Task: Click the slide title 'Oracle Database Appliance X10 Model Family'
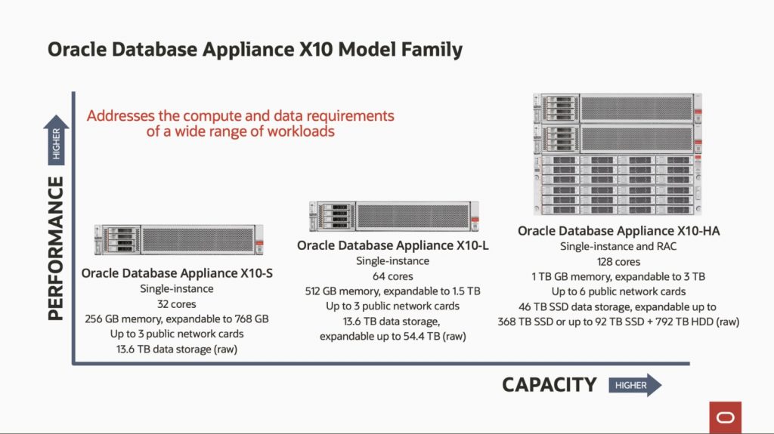pyautogui.click(x=255, y=50)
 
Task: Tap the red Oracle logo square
pyautogui.click(x=725, y=417)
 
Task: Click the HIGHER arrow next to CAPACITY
pyautogui.click(x=635, y=385)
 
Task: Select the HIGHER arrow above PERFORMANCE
pyautogui.click(x=56, y=140)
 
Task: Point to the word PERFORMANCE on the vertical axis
pyautogui.click(x=56, y=248)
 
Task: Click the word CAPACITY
pyautogui.click(x=550, y=385)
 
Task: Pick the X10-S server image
pyautogui.click(x=178, y=240)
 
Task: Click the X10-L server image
pyautogui.click(x=394, y=216)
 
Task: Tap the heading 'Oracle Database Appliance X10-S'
pyautogui.click(x=177, y=273)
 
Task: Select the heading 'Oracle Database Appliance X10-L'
pyautogui.click(x=393, y=245)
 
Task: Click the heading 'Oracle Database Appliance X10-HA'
pyautogui.click(x=618, y=231)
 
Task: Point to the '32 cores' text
pyautogui.click(x=177, y=303)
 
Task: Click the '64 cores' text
pyautogui.click(x=393, y=276)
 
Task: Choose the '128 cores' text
pyautogui.click(x=618, y=261)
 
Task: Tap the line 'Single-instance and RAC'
pyautogui.click(x=618, y=246)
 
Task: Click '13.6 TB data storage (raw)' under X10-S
pyautogui.click(x=177, y=349)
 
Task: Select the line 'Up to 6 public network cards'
pyautogui.click(x=618, y=291)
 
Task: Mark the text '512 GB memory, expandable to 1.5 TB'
pyautogui.click(x=393, y=291)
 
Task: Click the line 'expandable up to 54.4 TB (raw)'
pyautogui.click(x=393, y=337)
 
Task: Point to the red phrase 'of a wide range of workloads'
pyautogui.click(x=240, y=131)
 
